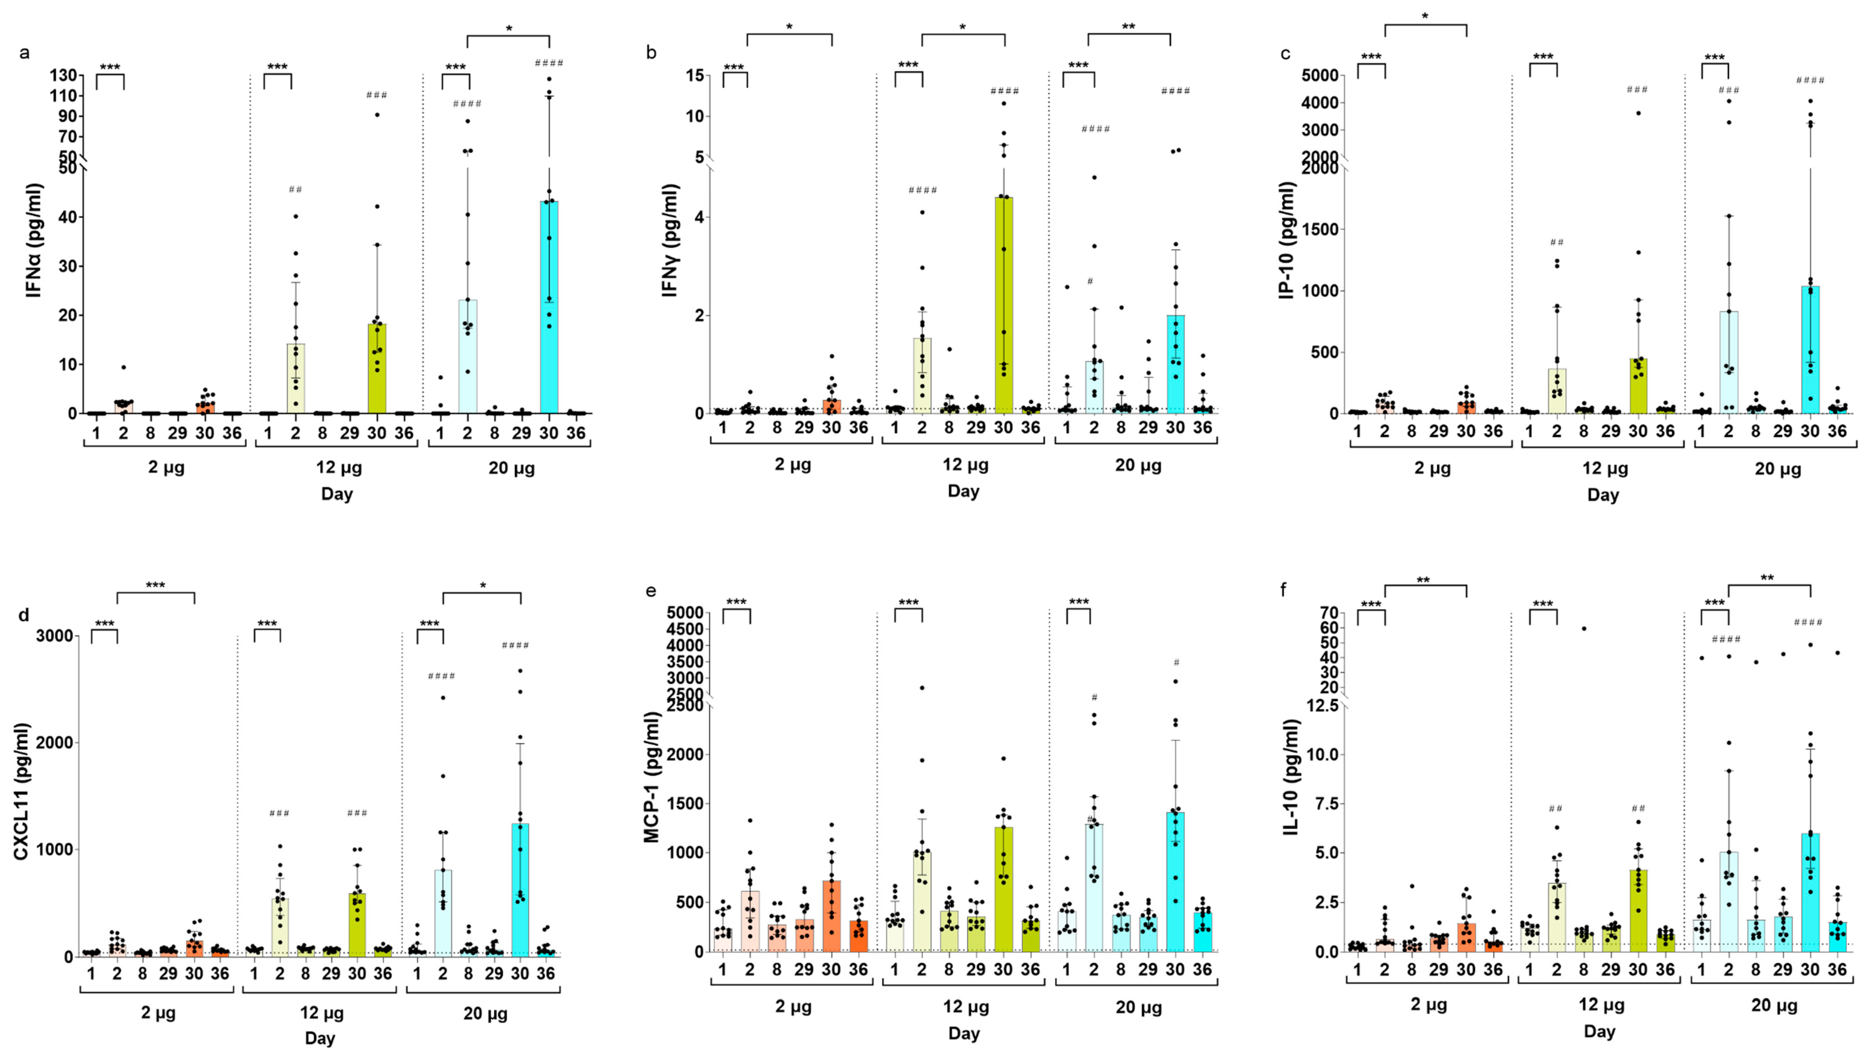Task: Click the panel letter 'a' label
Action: [25, 53]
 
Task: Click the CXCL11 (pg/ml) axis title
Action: [22, 791]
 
